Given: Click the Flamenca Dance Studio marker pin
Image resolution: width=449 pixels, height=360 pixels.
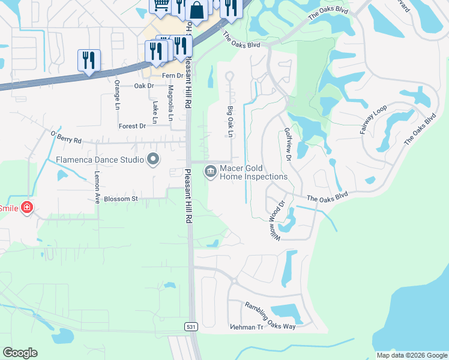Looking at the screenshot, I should [153, 160].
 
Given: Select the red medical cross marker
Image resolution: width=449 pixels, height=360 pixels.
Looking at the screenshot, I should [26, 208].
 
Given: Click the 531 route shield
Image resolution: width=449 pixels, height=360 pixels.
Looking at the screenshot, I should [190, 326].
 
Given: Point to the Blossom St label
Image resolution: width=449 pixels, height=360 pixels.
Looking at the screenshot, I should [121, 199].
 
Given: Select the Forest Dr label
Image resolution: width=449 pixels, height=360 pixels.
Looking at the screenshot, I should [133, 126].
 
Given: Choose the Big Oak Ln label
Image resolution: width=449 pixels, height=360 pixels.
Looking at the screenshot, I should [230, 122].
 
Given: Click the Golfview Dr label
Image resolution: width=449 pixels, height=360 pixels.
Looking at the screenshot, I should [288, 144].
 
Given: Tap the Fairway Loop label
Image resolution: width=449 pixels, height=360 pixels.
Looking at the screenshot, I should [372, 121].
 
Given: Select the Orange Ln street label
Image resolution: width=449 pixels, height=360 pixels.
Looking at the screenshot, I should [117, 95].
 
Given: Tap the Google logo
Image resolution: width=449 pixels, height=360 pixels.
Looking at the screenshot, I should [20, 353].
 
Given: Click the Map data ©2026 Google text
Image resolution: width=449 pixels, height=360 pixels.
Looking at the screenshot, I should [411, 355].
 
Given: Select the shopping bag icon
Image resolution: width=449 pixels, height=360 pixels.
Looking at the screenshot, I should [197, 10].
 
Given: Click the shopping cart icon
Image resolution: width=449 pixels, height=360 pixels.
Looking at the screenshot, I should [160, 5].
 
